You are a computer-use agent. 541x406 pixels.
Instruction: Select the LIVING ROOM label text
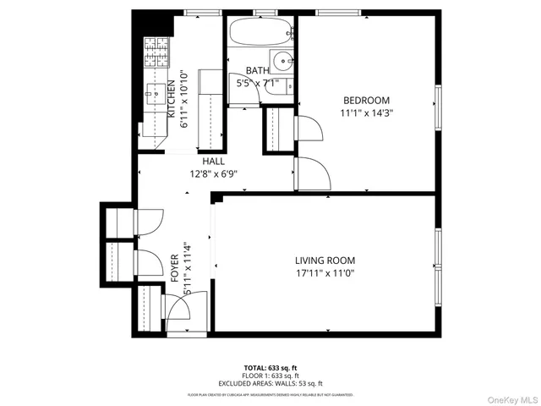[x=325, y=261]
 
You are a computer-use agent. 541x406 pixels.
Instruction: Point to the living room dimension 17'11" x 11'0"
[x=325, y=273]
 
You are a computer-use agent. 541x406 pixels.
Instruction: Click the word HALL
[x=212, y=162]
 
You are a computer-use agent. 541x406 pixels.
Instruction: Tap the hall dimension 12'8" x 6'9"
[x=213, y=174]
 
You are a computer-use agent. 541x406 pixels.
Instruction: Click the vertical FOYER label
[x=174, y=266]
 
